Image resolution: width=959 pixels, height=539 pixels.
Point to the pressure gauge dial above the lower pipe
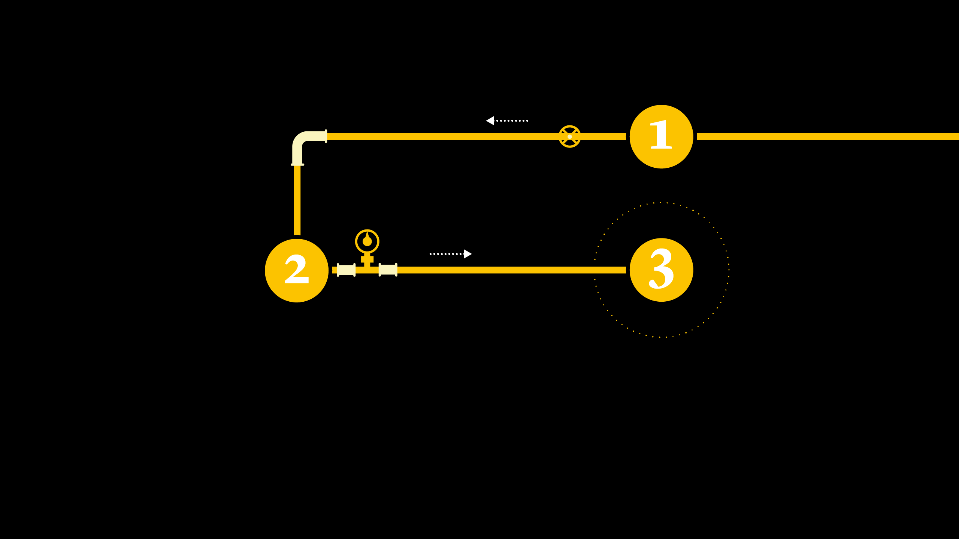coord(367,241)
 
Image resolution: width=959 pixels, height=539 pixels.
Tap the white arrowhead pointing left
coord(490,121)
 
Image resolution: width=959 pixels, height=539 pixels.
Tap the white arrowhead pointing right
coord(468,254)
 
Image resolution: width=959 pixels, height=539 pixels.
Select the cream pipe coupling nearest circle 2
coord(346,270)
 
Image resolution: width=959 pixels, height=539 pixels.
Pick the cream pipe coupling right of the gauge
coord(388,269)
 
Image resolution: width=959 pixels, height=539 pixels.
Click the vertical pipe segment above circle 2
coord(297,200)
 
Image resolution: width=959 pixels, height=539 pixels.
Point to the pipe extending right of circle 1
coord(824,137)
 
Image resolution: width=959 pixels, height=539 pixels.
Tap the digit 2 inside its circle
coord(297,269)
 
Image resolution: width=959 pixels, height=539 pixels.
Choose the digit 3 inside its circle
coord(661,268)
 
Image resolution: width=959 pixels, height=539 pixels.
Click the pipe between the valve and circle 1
coord(603,137)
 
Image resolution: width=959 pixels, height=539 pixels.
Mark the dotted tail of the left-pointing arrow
coord(512,121)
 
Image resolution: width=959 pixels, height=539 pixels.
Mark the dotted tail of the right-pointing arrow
coord(446,254)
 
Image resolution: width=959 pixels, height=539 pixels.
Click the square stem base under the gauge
coord(367,259)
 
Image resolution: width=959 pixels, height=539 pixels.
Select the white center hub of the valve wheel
coord(570,137)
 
